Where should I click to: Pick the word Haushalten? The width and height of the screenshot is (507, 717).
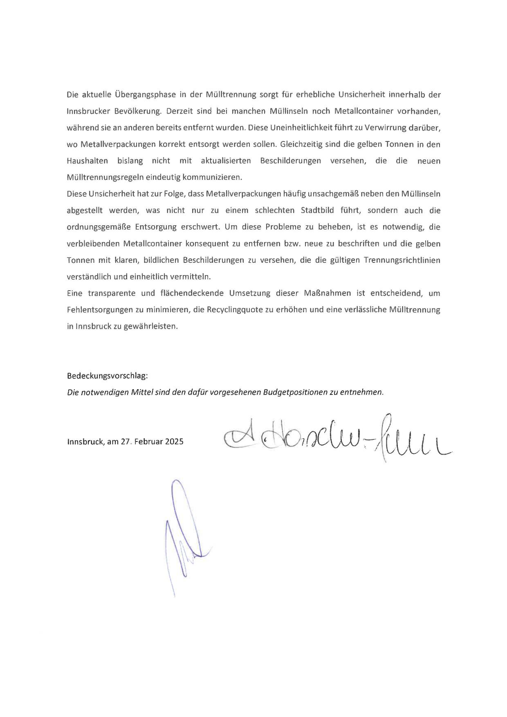[87, 161]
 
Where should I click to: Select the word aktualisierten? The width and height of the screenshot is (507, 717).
[226, 161]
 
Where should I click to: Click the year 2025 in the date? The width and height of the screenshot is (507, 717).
[174, 441]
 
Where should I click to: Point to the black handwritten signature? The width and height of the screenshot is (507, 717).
[335, 439]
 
